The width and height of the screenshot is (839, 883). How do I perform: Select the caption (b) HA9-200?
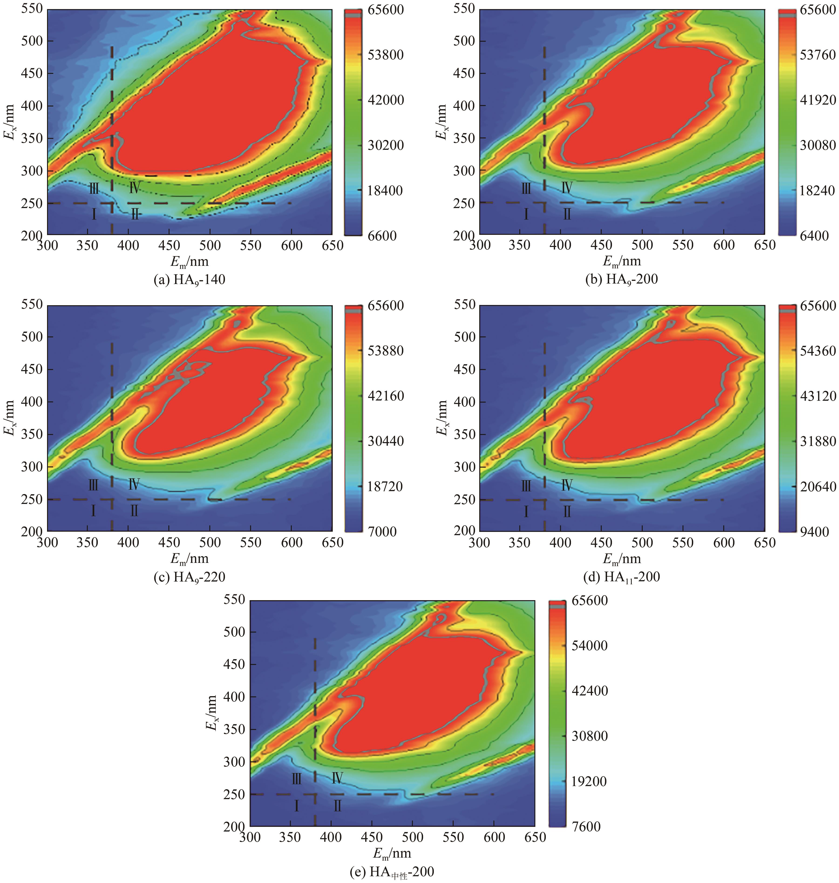pos(622,280)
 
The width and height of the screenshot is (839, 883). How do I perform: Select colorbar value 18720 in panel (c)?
pos(385,486)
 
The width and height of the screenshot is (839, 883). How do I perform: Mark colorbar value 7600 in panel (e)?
pos(586,826)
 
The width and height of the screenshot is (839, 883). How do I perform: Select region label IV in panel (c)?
pos(134,484)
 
